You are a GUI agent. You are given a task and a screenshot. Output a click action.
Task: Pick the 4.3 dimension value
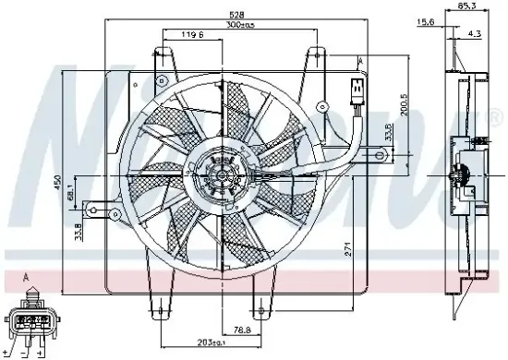coord(474,34)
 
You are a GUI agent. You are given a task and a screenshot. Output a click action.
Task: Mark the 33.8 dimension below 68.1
coord(79,228)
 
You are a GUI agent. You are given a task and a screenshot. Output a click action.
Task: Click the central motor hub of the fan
coord(219,174)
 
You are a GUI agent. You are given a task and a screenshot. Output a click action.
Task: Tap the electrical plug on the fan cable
coord(355,93)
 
